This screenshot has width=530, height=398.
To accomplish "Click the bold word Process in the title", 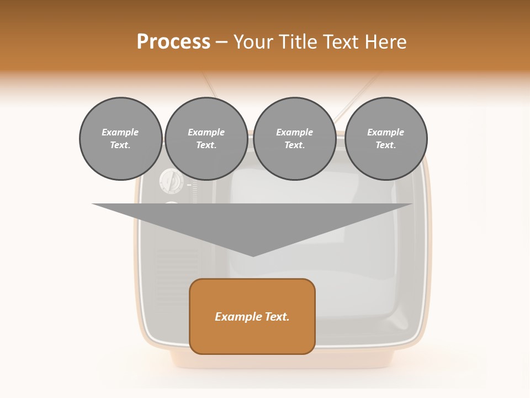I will [173, 41].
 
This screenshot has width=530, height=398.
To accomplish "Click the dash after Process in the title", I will [221, 42].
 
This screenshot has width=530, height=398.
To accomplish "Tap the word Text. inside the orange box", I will [277, 317].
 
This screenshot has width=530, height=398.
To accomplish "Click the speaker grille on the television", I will [177, 260].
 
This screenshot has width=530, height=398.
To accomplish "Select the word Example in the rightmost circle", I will [385, 132].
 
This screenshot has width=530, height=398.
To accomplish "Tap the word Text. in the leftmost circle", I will [120, 145].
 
